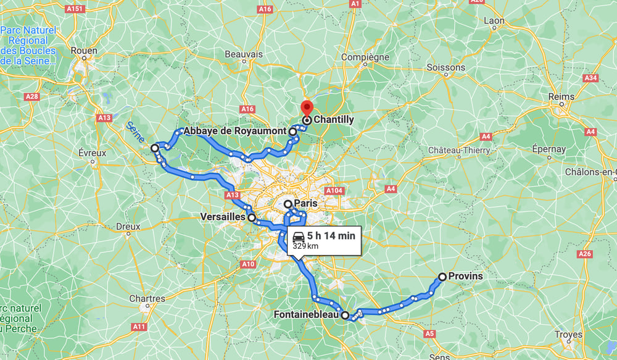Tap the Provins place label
click(466, 276)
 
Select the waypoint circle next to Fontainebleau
click(345, 315)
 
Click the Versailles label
click(223, 217)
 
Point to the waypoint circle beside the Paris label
click(288, 204)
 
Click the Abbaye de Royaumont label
click(235, 132)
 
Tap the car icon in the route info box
click(298, 236)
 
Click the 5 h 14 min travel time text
click(331, 236)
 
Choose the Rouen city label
click(84, 50)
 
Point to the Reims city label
click(561, 96)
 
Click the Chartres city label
click(147, 298)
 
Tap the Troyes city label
click(568, 335)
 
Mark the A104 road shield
click(334, 191)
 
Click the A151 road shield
click(75, 9)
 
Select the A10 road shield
click(248, 264)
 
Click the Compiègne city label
click(365, 57)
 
